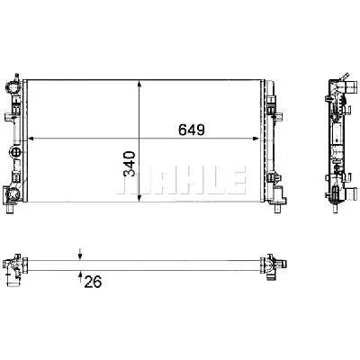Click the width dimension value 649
[190, 129]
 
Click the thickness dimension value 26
[91, 281]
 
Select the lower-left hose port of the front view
[10, 193]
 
